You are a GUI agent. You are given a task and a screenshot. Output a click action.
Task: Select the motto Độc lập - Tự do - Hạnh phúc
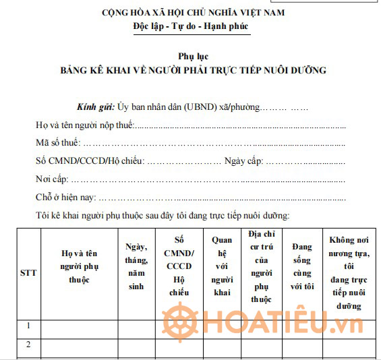[x=192, y=26]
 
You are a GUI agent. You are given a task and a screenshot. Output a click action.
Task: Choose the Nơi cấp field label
[x=52, y=179]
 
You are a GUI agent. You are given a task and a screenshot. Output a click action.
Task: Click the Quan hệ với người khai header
[x=221, y=266]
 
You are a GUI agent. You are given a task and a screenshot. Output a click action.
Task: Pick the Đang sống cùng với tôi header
[x=302, y=266]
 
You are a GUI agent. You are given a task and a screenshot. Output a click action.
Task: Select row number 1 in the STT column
[x=28, y=326]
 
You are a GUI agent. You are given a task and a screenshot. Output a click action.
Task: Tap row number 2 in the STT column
[x=28, y=344]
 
